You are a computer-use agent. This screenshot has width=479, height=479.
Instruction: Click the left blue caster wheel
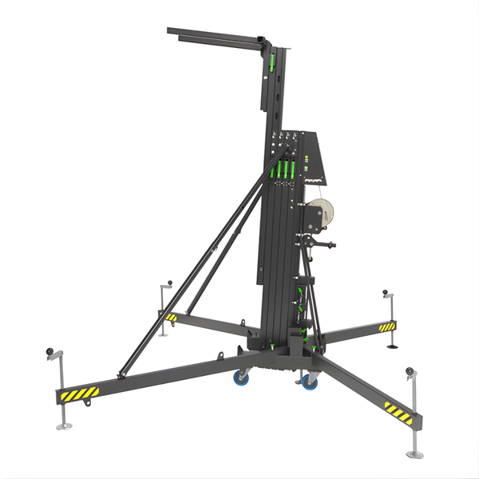[240, 378]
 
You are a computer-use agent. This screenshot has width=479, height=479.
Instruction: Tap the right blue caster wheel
[309, 382]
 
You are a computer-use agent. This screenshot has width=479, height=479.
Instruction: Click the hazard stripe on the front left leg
[77, 394]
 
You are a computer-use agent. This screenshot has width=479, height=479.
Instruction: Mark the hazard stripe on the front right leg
[397, 412]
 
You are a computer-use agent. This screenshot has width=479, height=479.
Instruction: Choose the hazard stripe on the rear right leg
[386, 327]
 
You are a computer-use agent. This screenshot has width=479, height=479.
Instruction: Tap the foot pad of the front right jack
[414, 453]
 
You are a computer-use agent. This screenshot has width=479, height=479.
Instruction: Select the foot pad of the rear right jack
[394, 346]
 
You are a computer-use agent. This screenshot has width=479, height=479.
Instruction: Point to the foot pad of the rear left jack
[163, 333]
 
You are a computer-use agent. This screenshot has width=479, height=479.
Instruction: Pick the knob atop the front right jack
[410, 370]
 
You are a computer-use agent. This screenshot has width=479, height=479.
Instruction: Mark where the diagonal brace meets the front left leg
[122, 373]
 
